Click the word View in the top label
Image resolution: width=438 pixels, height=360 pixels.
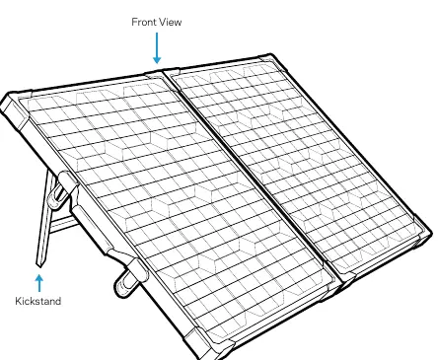(x=171, y=22)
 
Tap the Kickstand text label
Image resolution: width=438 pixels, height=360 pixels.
(x=38, y=301)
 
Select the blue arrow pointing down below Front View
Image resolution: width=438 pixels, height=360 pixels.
(x=157, y=47)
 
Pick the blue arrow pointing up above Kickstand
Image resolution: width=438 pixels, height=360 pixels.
(x=39, y=283)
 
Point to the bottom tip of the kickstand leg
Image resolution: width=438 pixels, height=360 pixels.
(x=39, y=265)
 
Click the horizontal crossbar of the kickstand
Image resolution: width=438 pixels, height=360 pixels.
(x=63, y=224)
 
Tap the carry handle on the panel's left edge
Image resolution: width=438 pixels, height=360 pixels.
(x=90, y=228)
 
